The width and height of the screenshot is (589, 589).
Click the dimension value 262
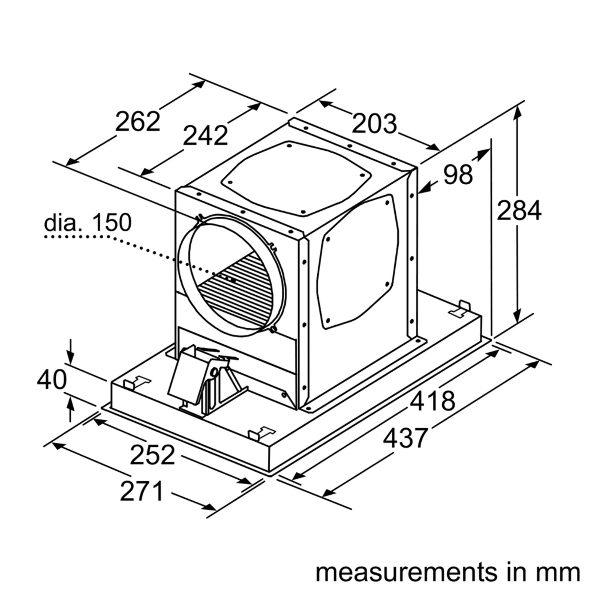pyautogui.click(x=137, y=122)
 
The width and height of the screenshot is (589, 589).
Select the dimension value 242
pyautogui.click(x=205, y=136)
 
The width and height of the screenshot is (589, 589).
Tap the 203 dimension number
pyautogui.click(x=374, y=124)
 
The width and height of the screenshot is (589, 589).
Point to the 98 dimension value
pyautogui.click(x=458, y=175)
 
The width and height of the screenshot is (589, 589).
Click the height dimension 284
pyautogui.click(x=519, y=210)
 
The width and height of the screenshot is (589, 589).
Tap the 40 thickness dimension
pyautogui.click(x=52, y=380)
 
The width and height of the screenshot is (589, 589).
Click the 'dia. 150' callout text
pyautogui.click(x=88, y=223)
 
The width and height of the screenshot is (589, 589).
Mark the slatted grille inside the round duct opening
pyautogui.click(x=238, y=290)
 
